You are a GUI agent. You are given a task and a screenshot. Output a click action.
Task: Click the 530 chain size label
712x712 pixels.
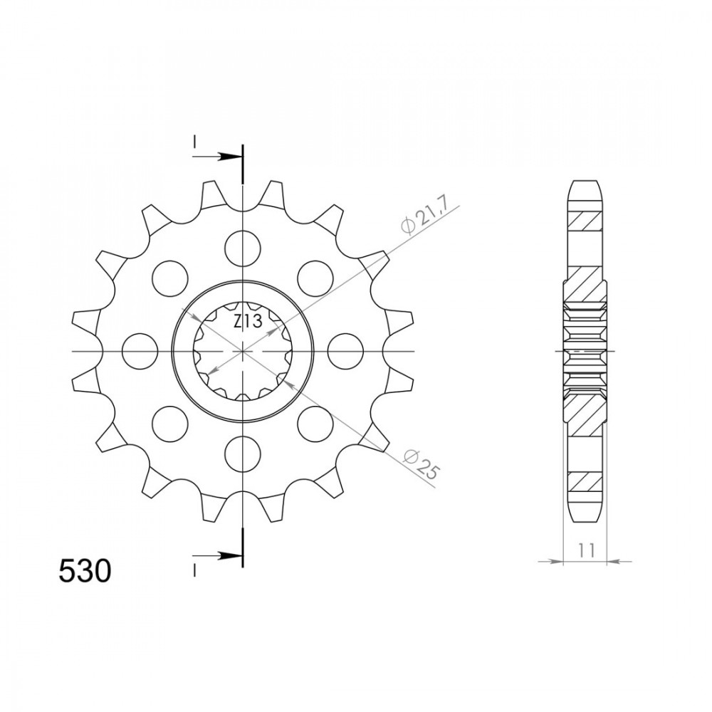click(x=85, y=571)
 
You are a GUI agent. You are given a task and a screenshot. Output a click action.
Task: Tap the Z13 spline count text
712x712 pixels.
click(x=248, y=322)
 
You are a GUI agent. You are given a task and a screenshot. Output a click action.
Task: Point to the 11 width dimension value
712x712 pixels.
click(x=586, y=550)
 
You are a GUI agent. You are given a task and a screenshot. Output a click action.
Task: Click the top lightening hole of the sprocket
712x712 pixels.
click(x=243, y=248)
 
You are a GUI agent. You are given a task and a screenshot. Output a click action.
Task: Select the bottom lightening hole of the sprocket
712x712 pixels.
click(x=243, y=454)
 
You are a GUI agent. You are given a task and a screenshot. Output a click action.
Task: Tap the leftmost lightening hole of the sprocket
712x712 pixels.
click(x=140, y=351)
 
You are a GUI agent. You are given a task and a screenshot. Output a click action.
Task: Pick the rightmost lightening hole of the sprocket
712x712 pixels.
click(x=345, y=351)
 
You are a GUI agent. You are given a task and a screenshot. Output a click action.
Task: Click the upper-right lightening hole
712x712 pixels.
click(x=315, y=278)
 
